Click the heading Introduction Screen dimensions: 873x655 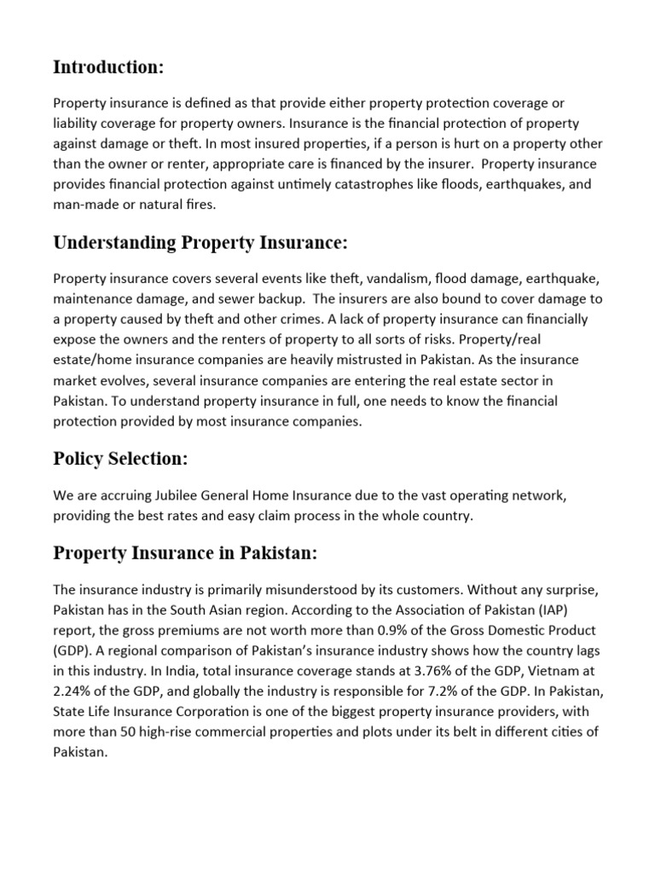click(108, 66)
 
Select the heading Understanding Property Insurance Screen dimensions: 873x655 click(200, 243)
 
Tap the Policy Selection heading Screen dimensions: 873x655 click(120, 459)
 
